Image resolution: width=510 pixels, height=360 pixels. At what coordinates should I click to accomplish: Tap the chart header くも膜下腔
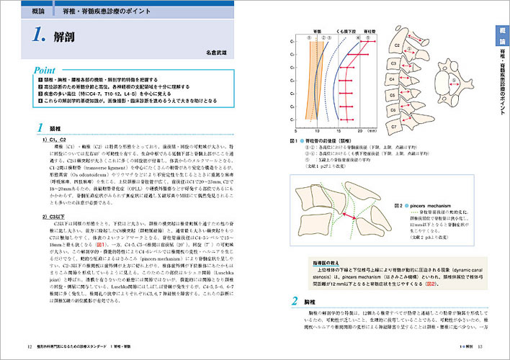(344, 32)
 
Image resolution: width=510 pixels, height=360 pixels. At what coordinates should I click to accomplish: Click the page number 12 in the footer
(29, 349)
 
